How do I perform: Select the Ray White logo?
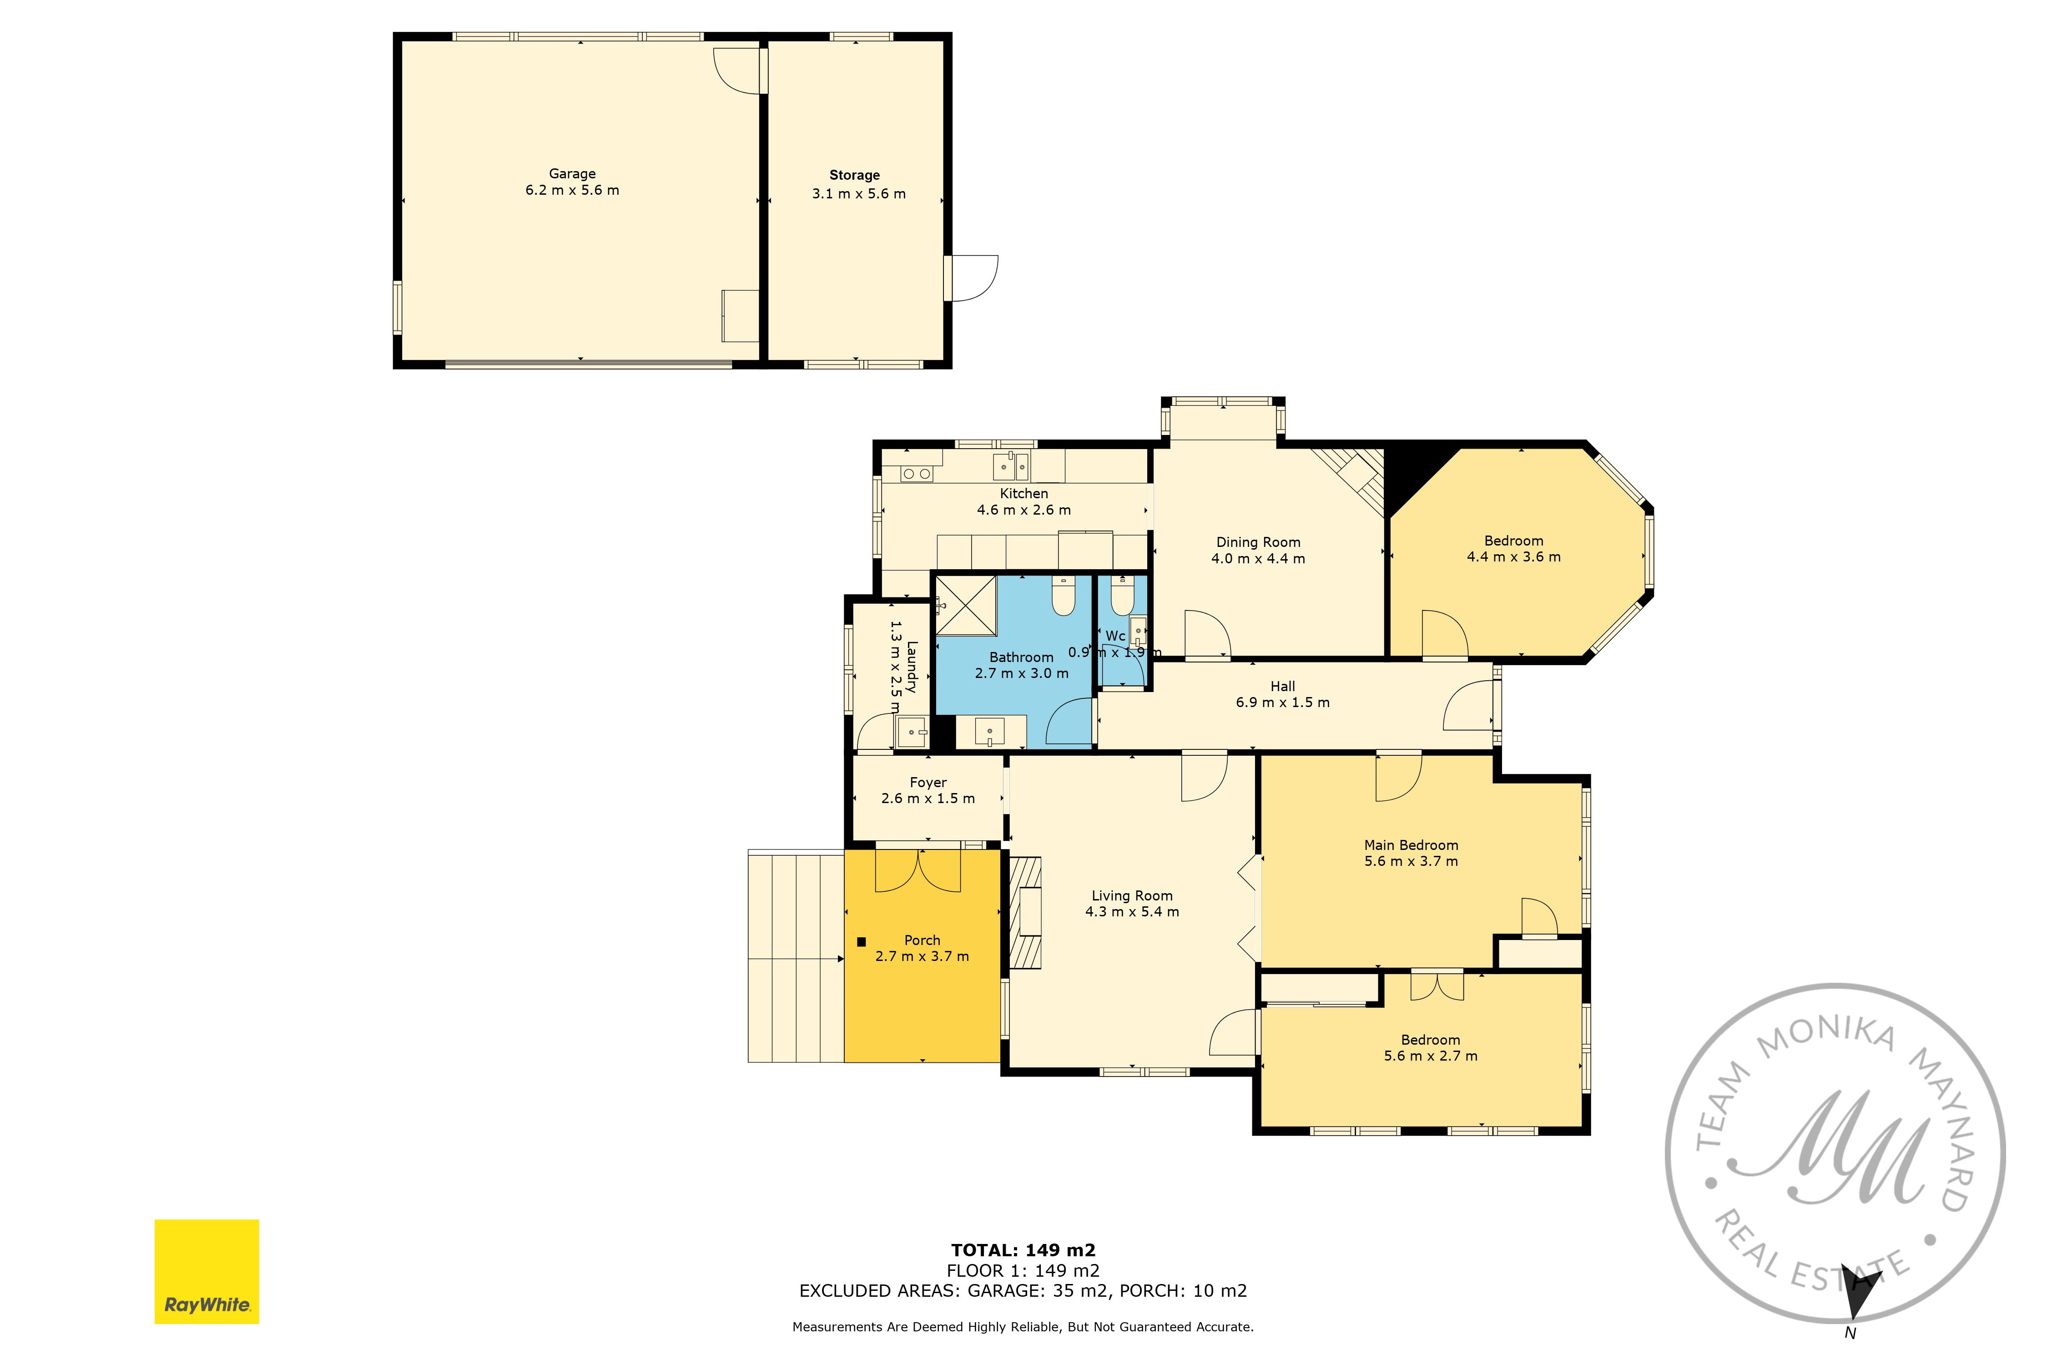tap(207, 1272)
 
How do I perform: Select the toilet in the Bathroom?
tap(1064, 596)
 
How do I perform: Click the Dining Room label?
tap(1259, 542)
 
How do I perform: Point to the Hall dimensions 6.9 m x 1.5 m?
tap(1283, 703)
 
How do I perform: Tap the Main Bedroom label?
tap(1411, 845)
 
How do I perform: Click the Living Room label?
tap(1132, 896)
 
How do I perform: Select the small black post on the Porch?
tap(862, 941)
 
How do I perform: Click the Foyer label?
tap(928, 783)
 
